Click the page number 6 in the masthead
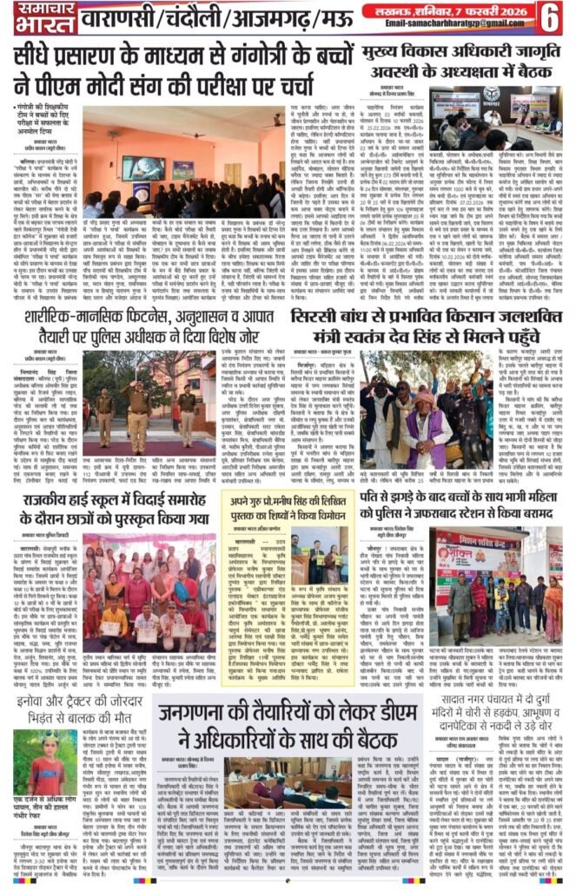click(x=551, y=16)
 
